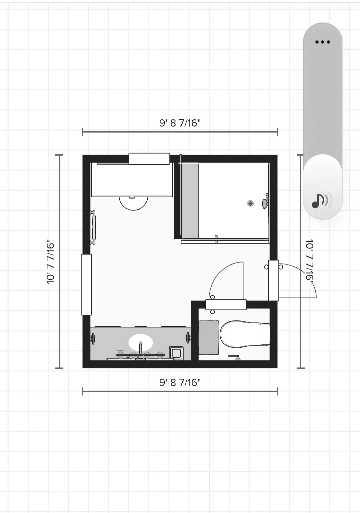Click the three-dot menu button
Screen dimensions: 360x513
coord(322,42)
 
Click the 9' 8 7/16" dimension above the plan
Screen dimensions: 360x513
coord(180,123)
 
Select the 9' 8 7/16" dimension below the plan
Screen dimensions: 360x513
coord(180,382)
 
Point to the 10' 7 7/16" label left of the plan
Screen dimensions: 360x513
coord(50,261)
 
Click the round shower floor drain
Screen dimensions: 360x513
coord(250,203)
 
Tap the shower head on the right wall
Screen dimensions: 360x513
coord(266,201)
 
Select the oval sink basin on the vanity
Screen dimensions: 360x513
coord(140,342)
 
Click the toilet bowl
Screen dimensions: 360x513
coord(240,334)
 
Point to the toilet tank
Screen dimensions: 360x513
coord(265,334)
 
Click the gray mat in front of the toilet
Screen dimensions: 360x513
coord(209,337)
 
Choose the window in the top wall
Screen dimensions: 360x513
coord(149,159)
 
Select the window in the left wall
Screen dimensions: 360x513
coord(86,285)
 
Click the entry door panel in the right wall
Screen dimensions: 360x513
coord(274,280)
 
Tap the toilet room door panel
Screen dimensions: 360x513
coord(226,304)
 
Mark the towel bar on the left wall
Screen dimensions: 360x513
coord(93,228)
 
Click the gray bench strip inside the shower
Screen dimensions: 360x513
coord(190,201)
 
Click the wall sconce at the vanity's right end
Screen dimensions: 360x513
coord(188,338)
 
